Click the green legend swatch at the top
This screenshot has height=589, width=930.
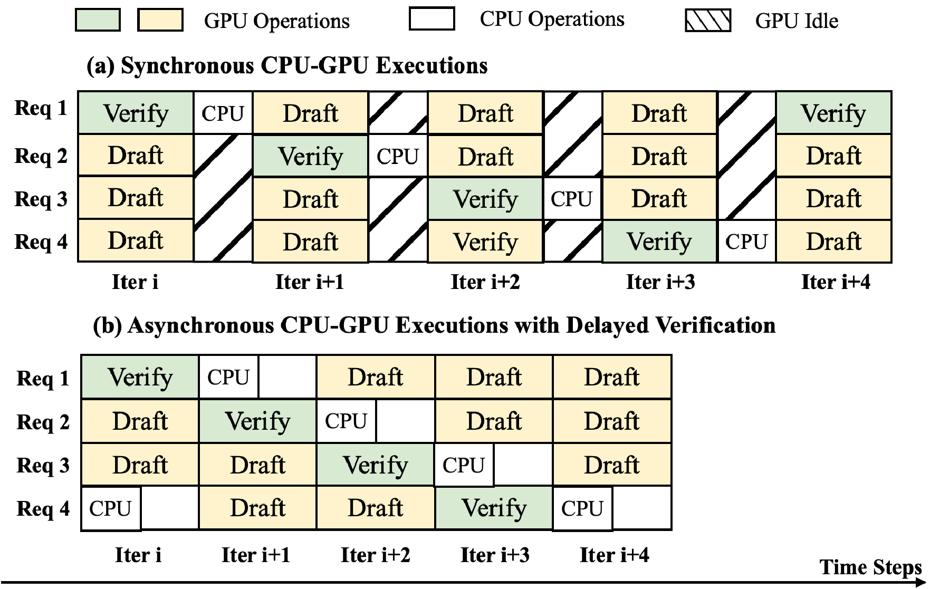click(98, 20)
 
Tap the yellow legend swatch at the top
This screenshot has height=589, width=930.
click(160, 20)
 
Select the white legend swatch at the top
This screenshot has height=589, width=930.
click(432, 19)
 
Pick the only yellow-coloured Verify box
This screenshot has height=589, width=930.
click(485, 242)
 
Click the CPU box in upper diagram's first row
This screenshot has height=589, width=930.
click(223, 113)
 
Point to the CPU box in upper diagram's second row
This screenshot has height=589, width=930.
click(397, 156)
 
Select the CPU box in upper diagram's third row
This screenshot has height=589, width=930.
click(572, 199)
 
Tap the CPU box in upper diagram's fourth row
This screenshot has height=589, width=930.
click(746, 242)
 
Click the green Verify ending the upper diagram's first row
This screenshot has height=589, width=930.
click(833, 113)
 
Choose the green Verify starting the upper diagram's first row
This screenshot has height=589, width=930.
click(136, 113)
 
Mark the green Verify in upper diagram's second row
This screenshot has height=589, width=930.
click(310, 156)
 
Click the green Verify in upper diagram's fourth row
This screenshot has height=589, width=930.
click(659, 242)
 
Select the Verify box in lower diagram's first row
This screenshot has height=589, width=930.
click(140, 377)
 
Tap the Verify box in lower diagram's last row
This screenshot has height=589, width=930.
click(494, 508)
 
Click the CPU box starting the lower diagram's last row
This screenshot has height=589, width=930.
click(111, 508)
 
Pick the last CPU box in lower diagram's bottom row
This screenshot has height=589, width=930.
click(582, 508)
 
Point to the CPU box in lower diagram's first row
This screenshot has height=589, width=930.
click(228, 377)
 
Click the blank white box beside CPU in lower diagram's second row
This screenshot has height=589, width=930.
click(405, 421)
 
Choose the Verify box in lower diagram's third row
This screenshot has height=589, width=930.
click(375, 465)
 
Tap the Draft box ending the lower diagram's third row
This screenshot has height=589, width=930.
click(611, 465)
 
